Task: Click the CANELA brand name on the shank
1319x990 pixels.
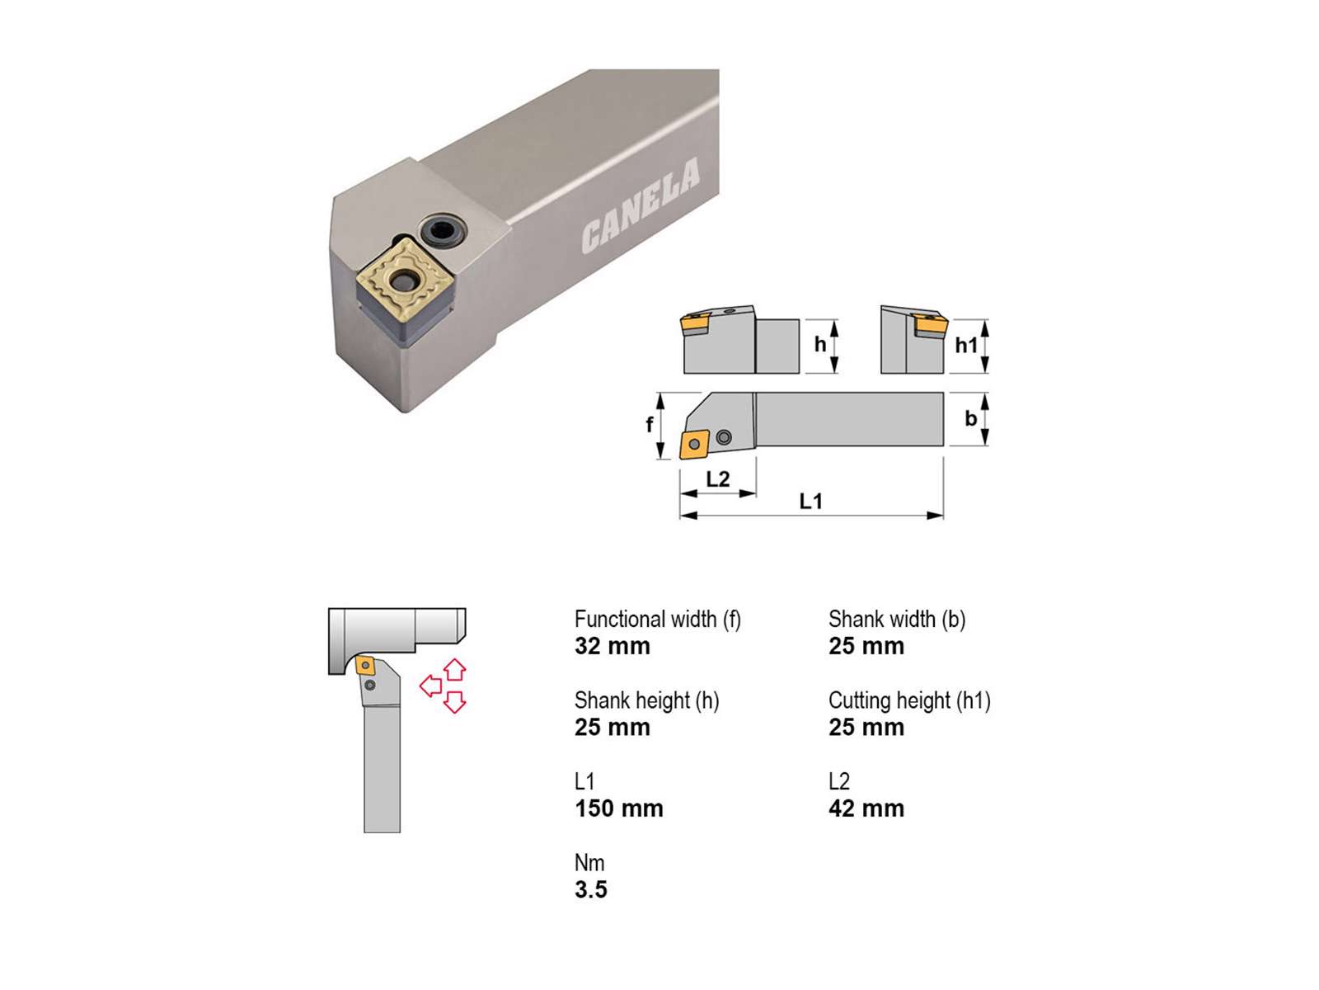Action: point(641,205)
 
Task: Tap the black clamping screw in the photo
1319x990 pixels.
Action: point(444,230)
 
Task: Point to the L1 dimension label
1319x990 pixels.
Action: point(810,501)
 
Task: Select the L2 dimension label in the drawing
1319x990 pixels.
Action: point(717,478)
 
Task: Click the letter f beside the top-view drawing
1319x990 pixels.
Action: point(650,424)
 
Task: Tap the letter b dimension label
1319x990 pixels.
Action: point(970,418)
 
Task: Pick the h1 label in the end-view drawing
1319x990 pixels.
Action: point(966,345)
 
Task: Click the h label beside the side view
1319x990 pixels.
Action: point(820,344)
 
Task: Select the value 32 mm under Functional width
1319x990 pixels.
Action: point(613,646)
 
